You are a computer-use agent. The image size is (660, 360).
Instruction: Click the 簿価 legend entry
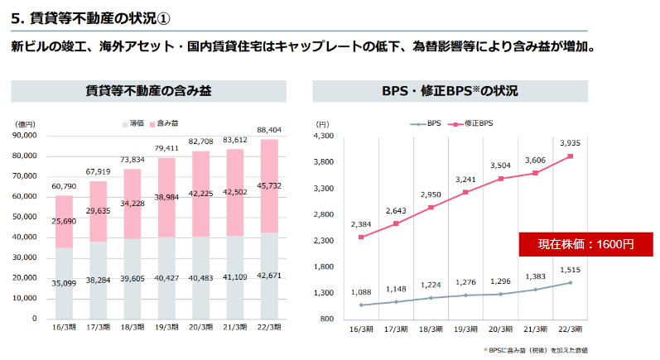[x=132, y=123]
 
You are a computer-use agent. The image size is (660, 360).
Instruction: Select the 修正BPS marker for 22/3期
[x=570, y=156]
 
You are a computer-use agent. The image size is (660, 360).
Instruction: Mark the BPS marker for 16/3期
[x=360, y=305]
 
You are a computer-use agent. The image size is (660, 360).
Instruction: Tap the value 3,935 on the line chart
[x=571, y=142]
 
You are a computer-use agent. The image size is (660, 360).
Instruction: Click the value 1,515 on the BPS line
[x=571, y=269]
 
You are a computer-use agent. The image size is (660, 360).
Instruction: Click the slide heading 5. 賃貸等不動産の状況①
[x=93, y=17]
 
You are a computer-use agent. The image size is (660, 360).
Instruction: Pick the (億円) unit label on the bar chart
[x=25, y=124]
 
